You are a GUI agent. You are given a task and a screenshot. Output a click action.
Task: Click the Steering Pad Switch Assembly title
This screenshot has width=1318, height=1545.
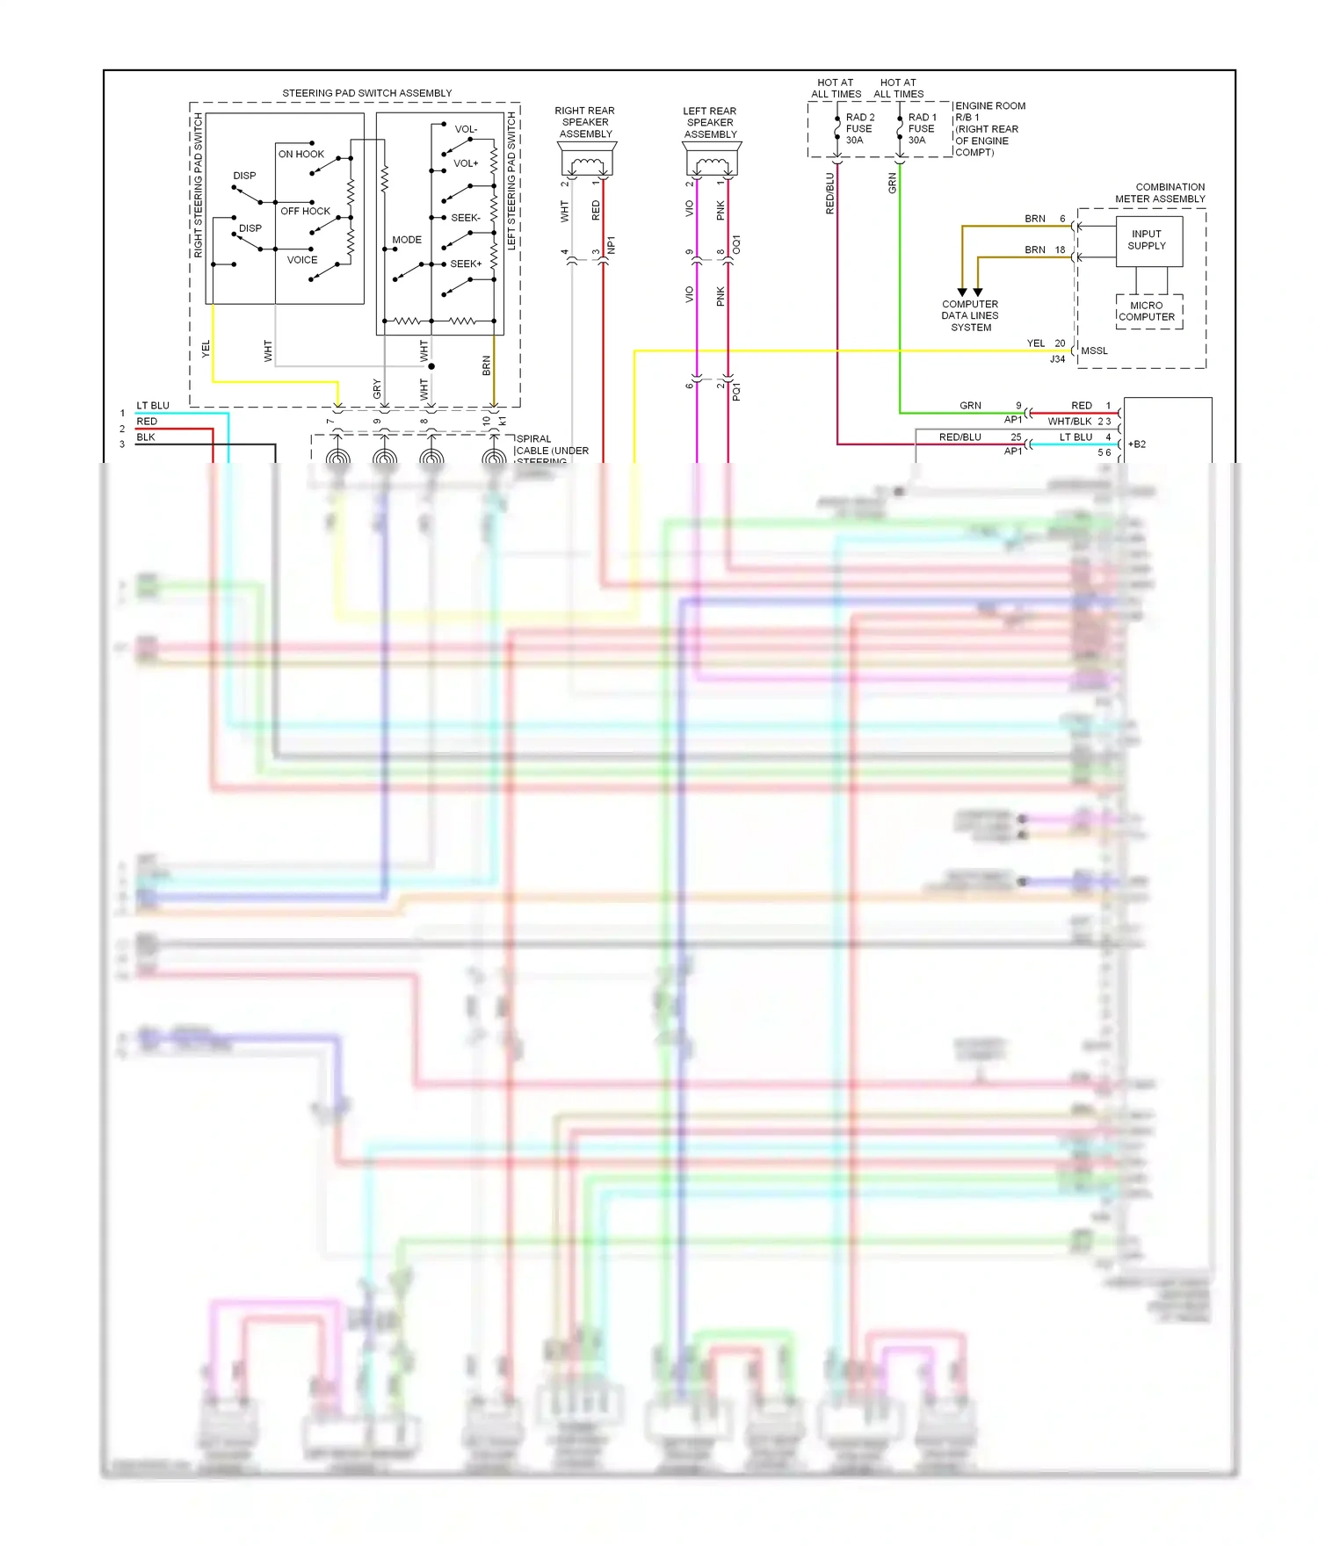click(366, 93)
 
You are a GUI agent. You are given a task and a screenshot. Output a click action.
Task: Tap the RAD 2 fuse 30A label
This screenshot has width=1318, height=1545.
click(859, 128)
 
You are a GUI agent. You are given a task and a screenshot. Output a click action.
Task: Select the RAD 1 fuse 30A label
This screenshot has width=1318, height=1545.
click(922, 128)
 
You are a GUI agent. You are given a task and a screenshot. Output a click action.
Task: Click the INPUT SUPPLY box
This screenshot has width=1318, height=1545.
click(1146, 241)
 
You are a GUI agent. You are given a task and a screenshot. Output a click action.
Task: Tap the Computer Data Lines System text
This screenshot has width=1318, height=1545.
click(970, 316)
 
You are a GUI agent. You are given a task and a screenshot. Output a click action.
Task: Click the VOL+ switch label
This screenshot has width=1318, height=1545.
click(466, 163)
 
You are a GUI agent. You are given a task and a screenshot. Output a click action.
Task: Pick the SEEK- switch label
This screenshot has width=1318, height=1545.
click(465, 218)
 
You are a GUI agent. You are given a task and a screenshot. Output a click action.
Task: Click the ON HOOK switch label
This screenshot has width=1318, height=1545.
click(301, 154)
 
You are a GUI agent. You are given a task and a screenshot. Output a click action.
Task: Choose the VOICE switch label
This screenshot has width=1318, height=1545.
click(301, 260)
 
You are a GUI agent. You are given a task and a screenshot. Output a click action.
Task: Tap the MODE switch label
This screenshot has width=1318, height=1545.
click(406, 240)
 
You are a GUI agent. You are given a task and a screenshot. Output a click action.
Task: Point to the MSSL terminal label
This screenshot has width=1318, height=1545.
click(1094, 351)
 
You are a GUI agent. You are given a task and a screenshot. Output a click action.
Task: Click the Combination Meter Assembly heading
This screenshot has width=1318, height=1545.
click(1160, 193)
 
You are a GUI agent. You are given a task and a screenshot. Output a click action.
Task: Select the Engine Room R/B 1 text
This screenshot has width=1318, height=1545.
click(989, 128)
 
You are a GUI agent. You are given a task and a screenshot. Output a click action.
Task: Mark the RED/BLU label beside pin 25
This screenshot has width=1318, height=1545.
click(960, 437)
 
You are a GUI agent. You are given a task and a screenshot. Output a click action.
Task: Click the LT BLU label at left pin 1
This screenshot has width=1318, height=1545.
click(152, 406)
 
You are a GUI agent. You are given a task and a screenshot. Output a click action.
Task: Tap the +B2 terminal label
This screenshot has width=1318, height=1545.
click(1137, 444)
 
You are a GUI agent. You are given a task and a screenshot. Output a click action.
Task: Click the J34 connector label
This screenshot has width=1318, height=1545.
click(1057, 359)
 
